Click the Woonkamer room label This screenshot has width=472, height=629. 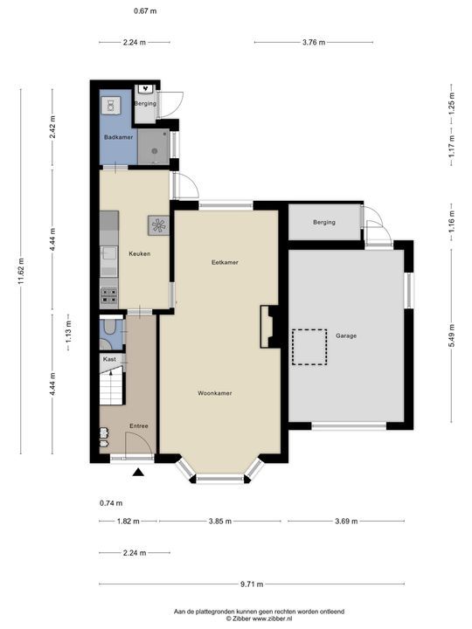215,393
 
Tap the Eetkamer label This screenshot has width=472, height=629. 225,262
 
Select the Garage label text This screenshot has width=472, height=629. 346,335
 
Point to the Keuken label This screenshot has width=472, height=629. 140,253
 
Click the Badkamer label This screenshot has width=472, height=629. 118,137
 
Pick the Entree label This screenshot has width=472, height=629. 139,426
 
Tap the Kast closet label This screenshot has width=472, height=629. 109,359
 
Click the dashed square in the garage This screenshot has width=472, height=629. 309,347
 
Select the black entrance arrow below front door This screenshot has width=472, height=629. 138,473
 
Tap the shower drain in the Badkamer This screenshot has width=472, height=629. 155,151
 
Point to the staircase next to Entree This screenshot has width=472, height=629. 111,388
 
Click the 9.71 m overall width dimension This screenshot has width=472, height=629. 252,584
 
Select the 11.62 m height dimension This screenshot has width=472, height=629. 21,271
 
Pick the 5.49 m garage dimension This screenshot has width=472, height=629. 452,335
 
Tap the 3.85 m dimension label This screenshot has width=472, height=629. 220,522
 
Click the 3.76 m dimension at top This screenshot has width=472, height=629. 314,42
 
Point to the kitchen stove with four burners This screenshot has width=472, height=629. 108,296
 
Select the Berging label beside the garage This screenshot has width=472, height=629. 324,222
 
